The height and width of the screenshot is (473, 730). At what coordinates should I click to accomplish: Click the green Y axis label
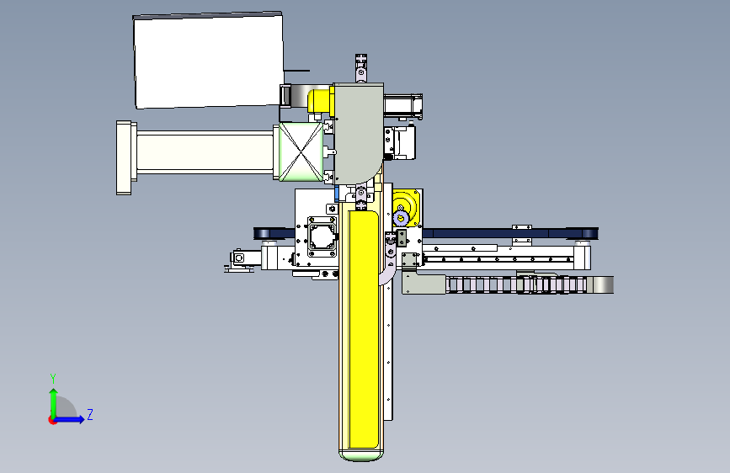pyautogui.click(x=53, y=378)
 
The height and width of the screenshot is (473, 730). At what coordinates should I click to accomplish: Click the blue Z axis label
pyautogui.click(x=90, y=414)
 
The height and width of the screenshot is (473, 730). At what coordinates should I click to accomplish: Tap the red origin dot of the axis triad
pyautogui.click(x=52, y=420)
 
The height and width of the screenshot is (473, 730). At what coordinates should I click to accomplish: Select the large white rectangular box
pyautogui.click(x=209, y=61)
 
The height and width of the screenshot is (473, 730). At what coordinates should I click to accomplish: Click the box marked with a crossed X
pyautogui.click(x=301, y=151)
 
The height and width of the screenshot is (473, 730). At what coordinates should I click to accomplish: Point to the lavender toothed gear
pyautogui.click(x=401, y=217)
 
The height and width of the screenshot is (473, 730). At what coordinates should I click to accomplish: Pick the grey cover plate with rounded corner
pyautogui.click(x=359, y=133)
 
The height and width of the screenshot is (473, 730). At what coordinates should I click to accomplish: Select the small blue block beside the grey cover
pyautogui.click(x=337, y=194)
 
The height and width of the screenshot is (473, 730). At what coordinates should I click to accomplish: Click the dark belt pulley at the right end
pyautogui.click(x=588, y=233)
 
